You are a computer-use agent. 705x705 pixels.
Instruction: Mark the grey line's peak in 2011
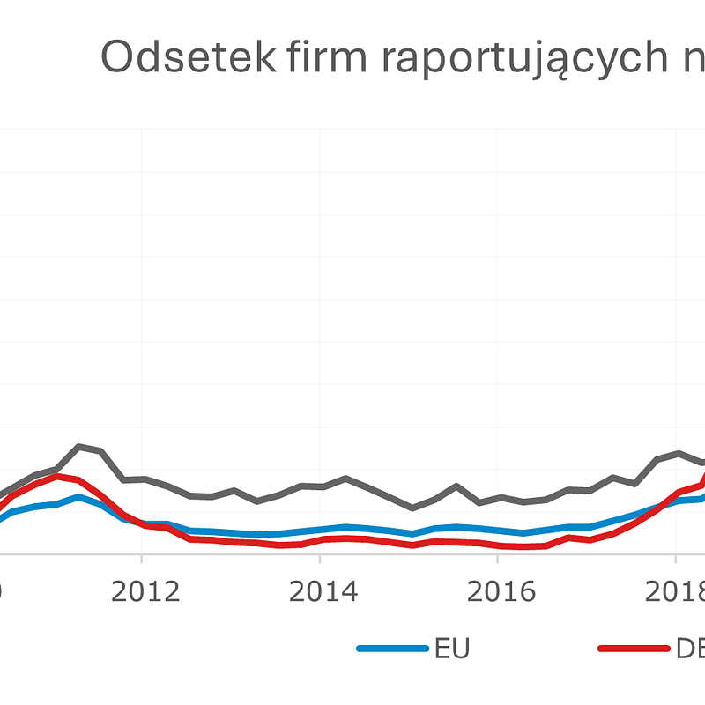[x=79, y=446]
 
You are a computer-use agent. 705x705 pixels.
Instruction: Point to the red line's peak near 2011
[x=58, y=476]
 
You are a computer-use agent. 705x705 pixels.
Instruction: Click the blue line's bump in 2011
[x=79, y=496]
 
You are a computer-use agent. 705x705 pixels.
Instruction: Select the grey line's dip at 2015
[x=412, y=508]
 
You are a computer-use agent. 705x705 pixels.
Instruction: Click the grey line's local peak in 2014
[x=346, y=479]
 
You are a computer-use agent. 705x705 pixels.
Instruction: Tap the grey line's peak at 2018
[x=678, y=453]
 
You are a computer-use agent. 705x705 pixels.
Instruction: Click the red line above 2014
[x=320, y=539]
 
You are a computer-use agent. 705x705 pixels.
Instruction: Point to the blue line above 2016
[x=498, y=531]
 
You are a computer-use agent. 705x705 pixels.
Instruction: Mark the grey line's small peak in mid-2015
[x=456, y=486]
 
